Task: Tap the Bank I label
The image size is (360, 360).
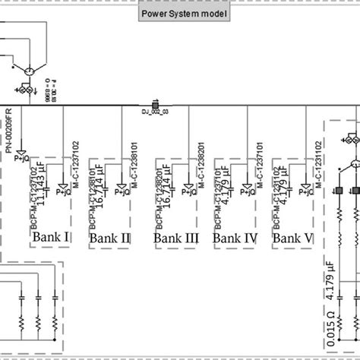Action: pos(51,216)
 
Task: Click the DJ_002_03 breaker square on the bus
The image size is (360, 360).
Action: pos(156,104)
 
